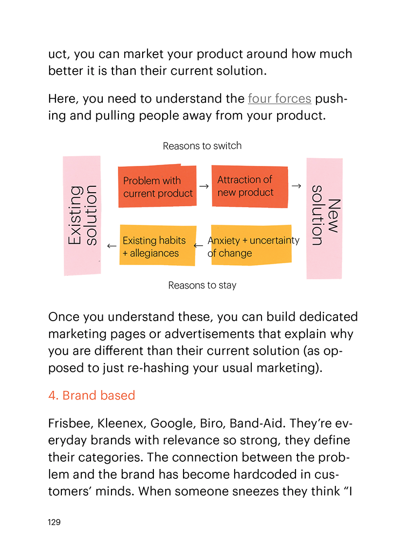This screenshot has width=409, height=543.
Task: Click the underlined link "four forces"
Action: point(279,99)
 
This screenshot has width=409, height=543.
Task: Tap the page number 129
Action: point(54,522)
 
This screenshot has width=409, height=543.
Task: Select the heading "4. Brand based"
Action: point(92,395)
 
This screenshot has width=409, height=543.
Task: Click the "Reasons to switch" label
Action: point(202,145)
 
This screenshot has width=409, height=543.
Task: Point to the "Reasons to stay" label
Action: point(202,285)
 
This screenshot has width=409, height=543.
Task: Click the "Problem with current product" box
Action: point(157,187)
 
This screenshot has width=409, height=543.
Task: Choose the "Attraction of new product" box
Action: point(250,186)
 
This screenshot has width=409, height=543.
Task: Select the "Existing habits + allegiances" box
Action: point(157,246)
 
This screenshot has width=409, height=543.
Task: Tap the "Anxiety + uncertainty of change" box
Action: point(251,246)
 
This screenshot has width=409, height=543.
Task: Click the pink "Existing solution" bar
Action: point(82,216)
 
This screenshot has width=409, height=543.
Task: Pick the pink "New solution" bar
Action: point(324,218)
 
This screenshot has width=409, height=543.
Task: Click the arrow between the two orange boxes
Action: point(204,186)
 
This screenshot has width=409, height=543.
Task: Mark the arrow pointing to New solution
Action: point(296,186)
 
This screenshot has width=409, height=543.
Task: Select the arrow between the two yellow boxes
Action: point(199,246)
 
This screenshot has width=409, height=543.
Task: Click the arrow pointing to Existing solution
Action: point(112,246)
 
